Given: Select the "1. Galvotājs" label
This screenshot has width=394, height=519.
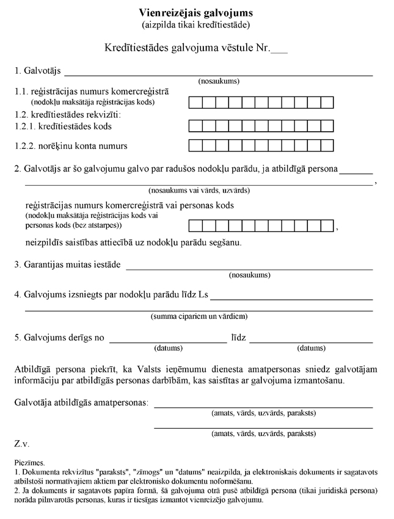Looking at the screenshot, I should point(37,71).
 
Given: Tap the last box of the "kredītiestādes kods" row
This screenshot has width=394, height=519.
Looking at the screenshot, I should point(327,126).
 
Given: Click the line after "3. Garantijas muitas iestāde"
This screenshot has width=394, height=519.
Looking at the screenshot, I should point(249,266).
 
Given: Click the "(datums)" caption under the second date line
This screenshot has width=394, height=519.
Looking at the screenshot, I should point(312,349).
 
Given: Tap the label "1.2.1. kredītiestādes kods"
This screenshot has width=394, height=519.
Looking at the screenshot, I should point(63,126).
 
